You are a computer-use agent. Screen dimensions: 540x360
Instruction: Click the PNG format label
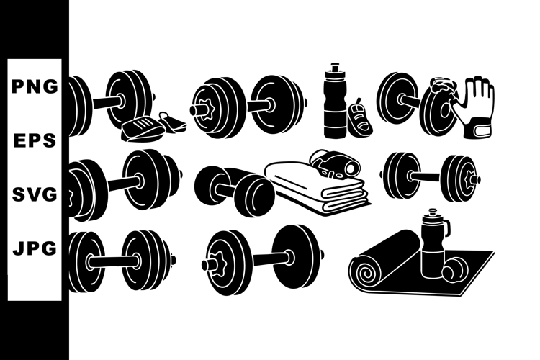pyautogui.click(x=35, y=86)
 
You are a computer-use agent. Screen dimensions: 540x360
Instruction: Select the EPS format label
pyautogui.click(x=35, y=140)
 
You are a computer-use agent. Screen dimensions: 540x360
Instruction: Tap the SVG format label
pyautogui.click(x=35, y=194)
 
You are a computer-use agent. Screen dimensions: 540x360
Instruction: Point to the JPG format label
pyautogui.click(x=35, y=248)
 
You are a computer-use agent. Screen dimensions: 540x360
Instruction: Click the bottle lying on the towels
pyautogui.click(x=333, y=165)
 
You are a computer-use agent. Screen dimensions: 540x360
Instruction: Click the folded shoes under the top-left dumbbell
pyautogui.click(x=153, y=127)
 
